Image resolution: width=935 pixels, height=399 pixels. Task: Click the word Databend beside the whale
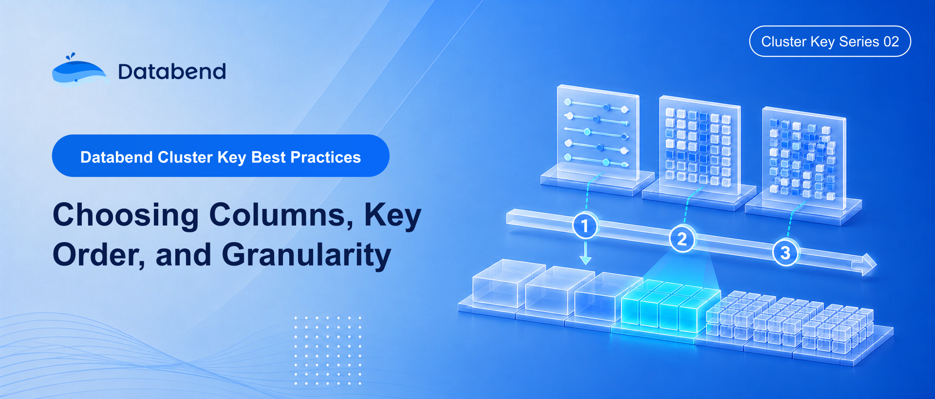[172, 72]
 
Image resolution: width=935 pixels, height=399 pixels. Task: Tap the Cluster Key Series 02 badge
[830, 41]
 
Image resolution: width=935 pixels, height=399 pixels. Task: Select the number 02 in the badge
[891, 41]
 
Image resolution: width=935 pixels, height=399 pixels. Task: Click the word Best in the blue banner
[269, 157]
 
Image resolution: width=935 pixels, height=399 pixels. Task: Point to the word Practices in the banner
[326, 157]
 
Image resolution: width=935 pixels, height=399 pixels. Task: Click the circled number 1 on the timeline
[585, 226]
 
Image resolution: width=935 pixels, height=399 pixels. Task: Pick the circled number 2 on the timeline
[682, 239]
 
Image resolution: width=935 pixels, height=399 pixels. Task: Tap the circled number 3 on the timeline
[785, 252]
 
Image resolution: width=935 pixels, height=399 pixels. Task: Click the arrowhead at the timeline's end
[865, 265]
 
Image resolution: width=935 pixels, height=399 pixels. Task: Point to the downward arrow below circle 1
[585, 252]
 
